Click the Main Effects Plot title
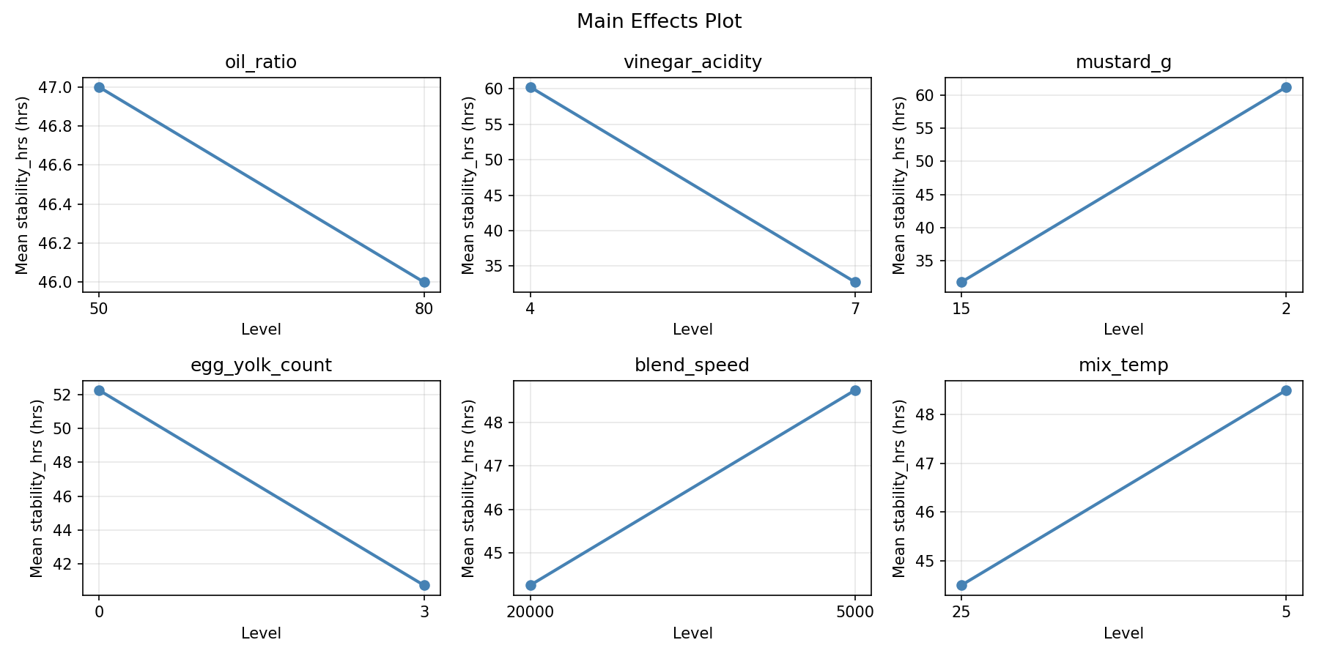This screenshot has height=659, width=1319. pyautogui.click(x=659, y=21)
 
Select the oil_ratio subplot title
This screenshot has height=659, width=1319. pyautogui.click(x=261, y=62)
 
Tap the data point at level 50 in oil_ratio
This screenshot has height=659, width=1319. pyautogui.click(x=99, y=87)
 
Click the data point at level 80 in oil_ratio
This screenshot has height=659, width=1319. pyautogui.click(x=424, y=282)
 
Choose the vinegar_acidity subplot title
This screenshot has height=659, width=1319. pyautogui.click(x=692, y=62)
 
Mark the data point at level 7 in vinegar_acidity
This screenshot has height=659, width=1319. pyautogui.click(x=855, y=282)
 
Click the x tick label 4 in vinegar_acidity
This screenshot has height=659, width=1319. pyautogui.click(x=530, y=309)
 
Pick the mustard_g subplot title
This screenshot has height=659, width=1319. pyautogui.click(x=1123, y=62)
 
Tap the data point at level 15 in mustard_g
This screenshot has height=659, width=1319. pyautogui.click(x=961, y=282)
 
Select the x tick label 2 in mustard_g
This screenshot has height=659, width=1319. pyautogui.click(x=1286, y=309)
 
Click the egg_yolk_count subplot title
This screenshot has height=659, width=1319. pyautogui.click(x=261, y=365)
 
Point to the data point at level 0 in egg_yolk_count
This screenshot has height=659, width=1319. pyautogui.click(x=99, y=390)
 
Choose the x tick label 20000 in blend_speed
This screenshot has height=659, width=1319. pyautogui.click(x=530, y=612)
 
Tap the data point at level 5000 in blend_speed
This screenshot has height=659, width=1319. pyautogui.click(x=855, y=390)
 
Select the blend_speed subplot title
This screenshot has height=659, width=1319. pyautogui.click(x=692, y=365)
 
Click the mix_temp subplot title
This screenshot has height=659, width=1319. pyautogui.click(x=1123, y=365)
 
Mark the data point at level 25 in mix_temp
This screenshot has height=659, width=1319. pyautogui.click(x=961, y=585)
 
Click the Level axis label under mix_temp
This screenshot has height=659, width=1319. pyautogui.click(x=1123, y=633)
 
